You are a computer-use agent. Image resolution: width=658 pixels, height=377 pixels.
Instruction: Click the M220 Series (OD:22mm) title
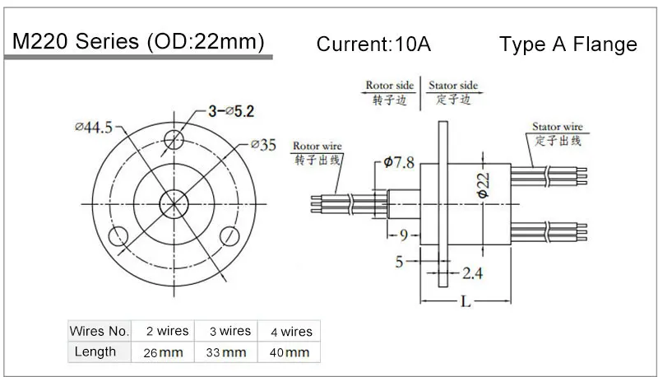tap(136, 43)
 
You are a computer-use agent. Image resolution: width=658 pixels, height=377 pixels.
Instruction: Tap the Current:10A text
tap(373, 44)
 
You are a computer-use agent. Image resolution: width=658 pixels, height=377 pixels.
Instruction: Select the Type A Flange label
tap(568, 44)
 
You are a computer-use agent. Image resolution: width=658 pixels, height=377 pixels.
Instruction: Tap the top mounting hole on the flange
tap(174, 137)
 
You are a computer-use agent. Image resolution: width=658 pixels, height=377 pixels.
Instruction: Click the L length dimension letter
tap(466, 302)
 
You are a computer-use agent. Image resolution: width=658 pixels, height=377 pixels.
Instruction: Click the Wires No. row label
tap(99, 332)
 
